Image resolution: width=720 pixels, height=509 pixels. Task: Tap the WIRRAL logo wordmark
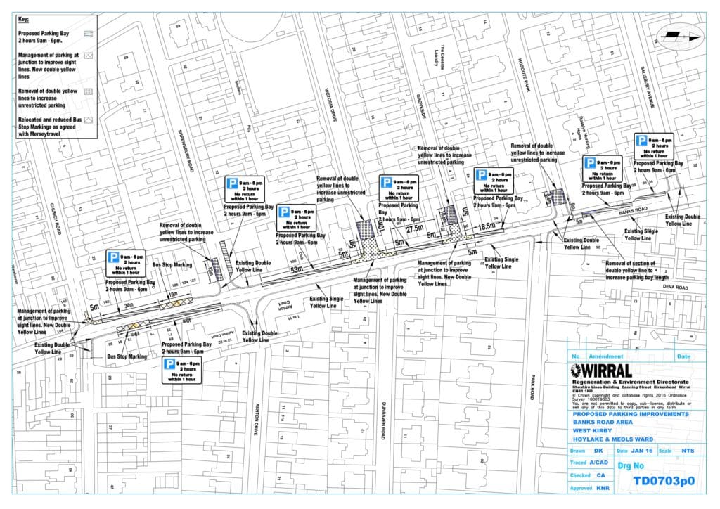tap(605, 371)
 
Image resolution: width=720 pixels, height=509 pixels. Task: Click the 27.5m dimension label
tap(413, 229)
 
